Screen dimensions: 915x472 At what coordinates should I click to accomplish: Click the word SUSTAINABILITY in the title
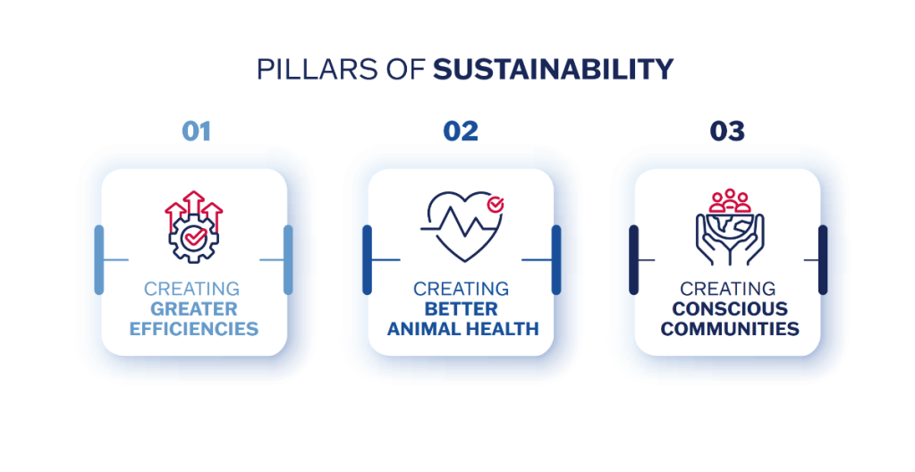(553, 70)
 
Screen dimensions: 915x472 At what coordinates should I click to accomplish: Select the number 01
(196, 131)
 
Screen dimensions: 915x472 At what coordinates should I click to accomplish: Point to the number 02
(461, 131)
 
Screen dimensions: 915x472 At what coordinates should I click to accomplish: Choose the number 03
(727, 131)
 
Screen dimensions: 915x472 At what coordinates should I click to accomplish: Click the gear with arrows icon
(194, 227)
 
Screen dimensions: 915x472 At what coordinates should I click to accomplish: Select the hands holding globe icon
(730, 228)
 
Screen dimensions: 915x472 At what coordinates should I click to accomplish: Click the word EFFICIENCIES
(194, 329)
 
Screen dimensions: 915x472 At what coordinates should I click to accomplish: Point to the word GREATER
(194, 308)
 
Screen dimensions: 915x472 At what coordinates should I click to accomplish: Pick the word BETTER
(461, 308)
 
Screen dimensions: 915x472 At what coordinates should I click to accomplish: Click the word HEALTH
(505, 329)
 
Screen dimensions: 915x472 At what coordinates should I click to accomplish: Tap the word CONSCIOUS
(730, 308)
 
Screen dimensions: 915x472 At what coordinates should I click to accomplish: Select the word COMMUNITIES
(730, 329)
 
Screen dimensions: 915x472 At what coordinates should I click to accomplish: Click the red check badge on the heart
(496, 204)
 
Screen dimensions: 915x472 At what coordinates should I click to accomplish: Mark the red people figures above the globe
(730, 201)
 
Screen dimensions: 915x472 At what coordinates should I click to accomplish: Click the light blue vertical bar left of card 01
(98, 259)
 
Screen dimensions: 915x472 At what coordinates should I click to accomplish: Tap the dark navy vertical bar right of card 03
(823, 259)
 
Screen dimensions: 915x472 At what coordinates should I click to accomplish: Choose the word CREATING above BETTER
(461, 289)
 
